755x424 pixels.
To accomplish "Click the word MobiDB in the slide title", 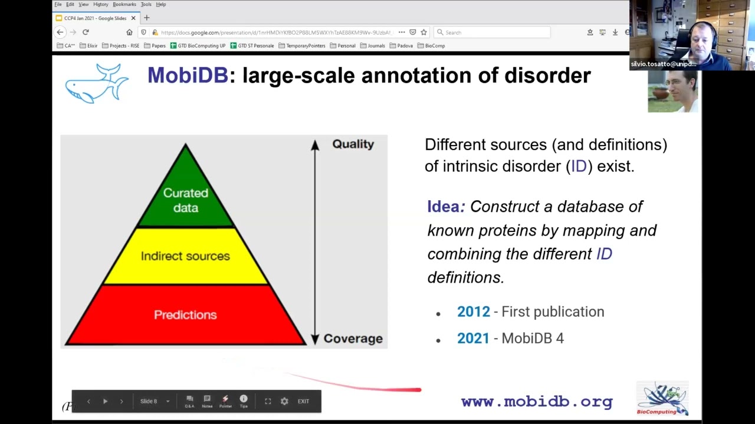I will point(187,75).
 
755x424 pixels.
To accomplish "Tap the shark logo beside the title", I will point(96,84).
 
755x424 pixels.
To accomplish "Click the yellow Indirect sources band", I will point(185,256).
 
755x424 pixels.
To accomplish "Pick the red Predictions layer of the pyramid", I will point(185,315).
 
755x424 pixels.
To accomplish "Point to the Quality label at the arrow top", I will point(353,144).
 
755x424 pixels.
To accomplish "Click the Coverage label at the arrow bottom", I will point(353,339).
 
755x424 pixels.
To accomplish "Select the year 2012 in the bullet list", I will point(473,312).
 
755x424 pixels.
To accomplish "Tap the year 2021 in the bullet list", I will point(473,338).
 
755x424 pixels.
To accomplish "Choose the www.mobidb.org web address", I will point(537,402).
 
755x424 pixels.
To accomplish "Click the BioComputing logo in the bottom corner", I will point(662,399).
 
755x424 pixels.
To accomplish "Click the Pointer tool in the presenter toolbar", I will point(225,401).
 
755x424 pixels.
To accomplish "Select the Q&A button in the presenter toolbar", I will point(189,401).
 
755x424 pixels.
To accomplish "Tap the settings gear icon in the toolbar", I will point(284,401).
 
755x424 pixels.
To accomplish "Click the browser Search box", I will point(493,32).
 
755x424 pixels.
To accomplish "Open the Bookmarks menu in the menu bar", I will point(124,4).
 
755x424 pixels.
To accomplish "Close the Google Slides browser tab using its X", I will point(133,18).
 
